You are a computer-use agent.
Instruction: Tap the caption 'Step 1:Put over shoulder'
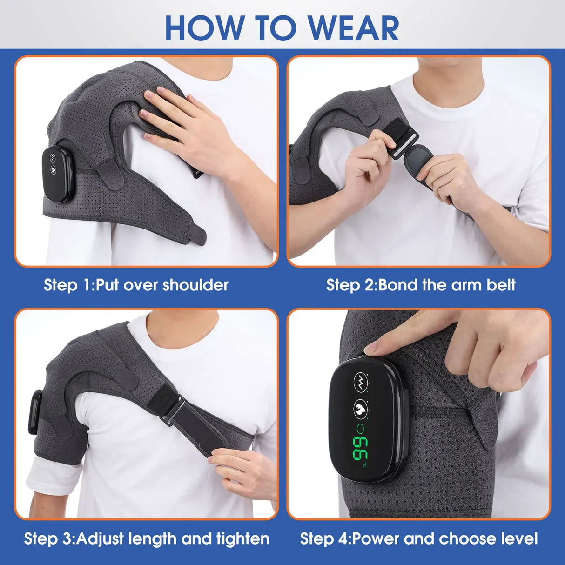(136, 285)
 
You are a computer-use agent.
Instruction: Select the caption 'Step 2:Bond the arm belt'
(421, 285)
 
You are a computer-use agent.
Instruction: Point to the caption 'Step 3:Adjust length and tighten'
(147, 538)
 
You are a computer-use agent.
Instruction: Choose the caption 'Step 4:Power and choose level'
(419, 538)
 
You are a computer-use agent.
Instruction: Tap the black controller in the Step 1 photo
(57, 174)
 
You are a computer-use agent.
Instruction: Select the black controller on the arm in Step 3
(34, 412)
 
